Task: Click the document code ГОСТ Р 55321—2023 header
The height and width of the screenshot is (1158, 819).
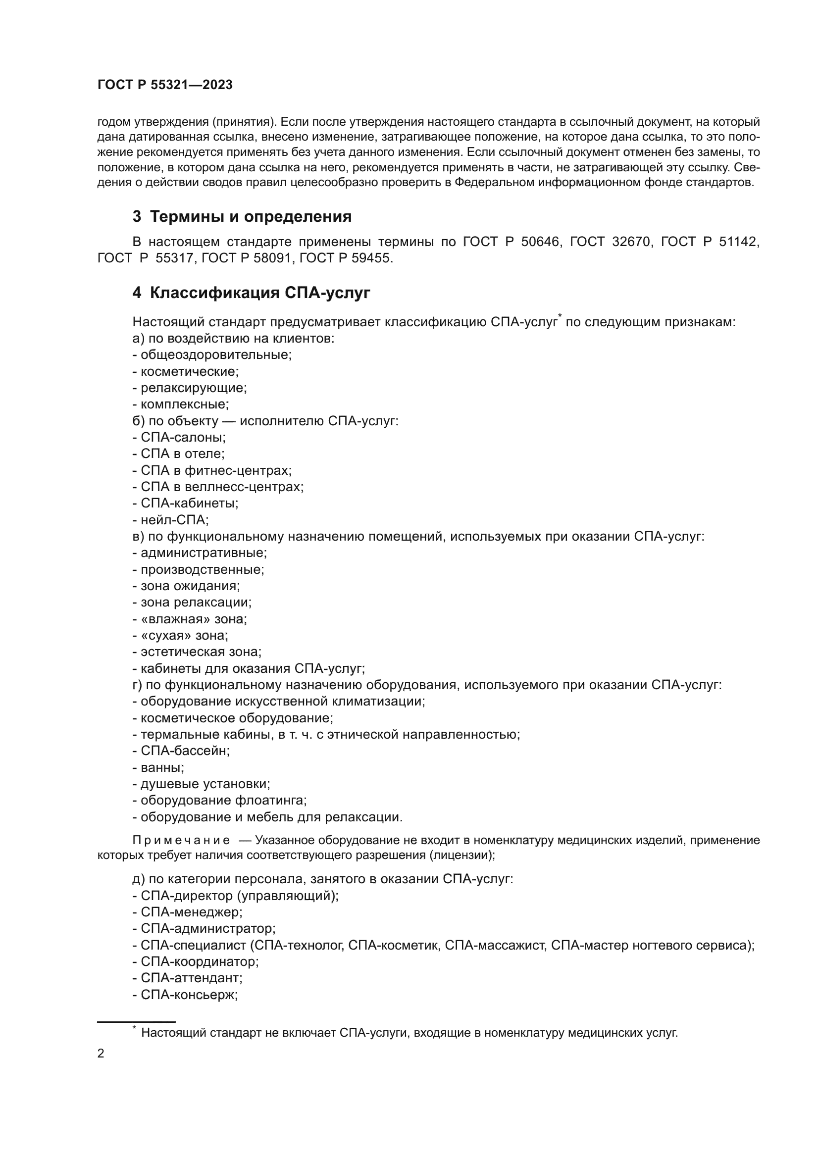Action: pos(165,85)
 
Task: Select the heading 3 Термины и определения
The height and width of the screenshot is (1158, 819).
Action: pos(242,216)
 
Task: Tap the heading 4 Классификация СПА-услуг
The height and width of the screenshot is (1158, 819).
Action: pos(251,293)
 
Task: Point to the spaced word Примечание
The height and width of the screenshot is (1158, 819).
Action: pos(181,840)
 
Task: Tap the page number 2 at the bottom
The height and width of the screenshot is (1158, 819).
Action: pos(101,1054)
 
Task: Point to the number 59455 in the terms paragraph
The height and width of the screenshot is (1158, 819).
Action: pos(371,258)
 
